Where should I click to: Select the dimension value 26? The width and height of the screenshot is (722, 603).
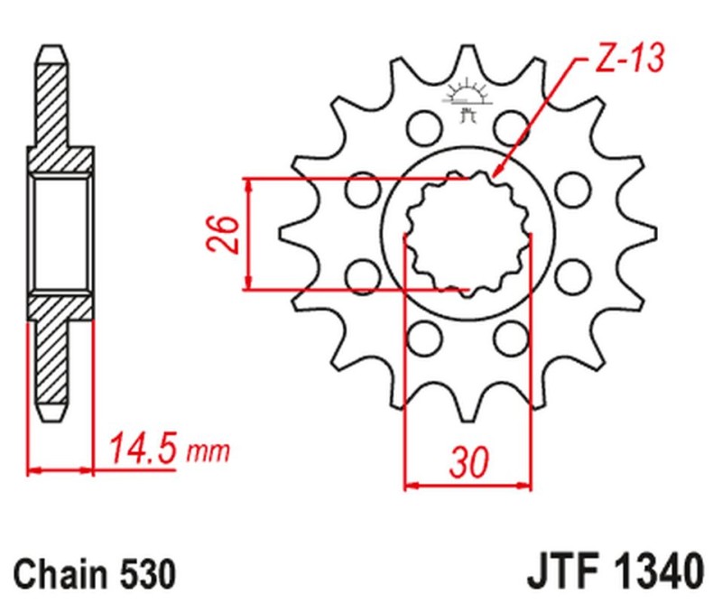coord(227,235)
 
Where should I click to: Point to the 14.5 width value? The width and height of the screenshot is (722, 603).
coord(143,448)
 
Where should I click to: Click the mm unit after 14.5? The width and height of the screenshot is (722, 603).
coord(208,450)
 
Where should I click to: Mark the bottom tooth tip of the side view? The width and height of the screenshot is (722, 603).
coord(51,417)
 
